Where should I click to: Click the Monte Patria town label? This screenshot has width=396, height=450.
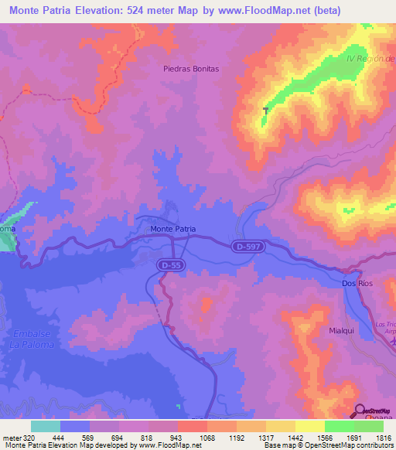[172, 230]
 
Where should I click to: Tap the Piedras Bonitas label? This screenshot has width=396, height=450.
[191, 69]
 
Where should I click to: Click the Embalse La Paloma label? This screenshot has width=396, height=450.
[31, 339]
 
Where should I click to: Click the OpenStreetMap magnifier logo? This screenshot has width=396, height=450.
[360, 411]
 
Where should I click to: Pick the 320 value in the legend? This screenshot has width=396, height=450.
[29, 437]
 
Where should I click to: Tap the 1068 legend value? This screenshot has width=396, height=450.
[207, 437]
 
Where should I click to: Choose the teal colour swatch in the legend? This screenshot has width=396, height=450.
[45, 426]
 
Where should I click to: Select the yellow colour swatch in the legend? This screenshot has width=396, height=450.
[309, 426]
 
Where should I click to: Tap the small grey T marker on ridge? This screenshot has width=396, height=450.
[266, 111]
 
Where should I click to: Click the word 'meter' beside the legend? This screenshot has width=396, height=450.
[11, 437]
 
